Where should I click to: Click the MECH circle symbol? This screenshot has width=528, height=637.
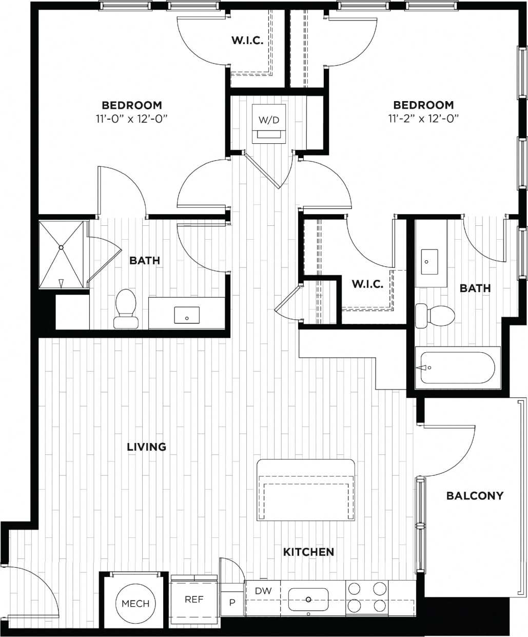coord(135,603)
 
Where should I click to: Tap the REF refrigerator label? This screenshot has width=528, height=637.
coord(194,599)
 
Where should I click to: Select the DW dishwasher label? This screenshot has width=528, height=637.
coord(263,591)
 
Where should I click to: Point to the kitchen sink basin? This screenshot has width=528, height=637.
coord(308,599)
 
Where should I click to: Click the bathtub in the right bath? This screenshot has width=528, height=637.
coord(457,368)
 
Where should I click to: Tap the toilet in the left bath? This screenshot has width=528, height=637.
coord(125,308)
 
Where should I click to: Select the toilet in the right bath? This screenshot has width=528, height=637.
coord(435,315)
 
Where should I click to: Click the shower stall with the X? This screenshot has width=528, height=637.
coord(61,255)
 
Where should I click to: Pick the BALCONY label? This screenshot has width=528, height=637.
coord(475,496)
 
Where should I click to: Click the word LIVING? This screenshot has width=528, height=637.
coord(147,447)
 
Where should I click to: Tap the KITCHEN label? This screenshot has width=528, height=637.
coord(308,552)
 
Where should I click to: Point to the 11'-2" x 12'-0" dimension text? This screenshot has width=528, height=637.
coord(423,118)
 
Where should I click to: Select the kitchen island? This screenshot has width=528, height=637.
coord(306,490)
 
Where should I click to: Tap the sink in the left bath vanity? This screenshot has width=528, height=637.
coord(187,315)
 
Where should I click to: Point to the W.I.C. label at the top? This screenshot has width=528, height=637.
coord(247,41)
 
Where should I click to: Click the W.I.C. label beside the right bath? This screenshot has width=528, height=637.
coord(367,284)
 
